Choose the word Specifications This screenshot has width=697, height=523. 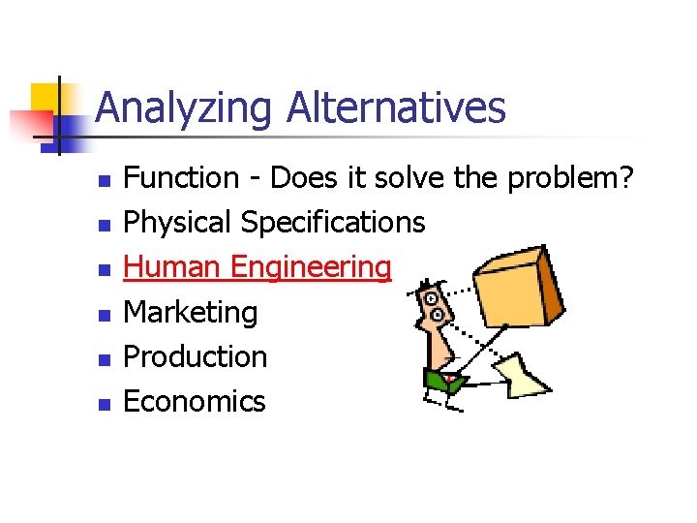click(x=333, y=224)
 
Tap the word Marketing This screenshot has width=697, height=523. click(x=191, y=313)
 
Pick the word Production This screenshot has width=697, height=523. click(x=196, y=356)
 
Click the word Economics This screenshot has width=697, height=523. click(x=195, y=401)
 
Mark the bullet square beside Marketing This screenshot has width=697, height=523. click(x=106, y=315)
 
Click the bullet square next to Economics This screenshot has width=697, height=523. click(x=106, y=404)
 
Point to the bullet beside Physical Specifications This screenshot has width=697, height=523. click(x=106, y=226)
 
